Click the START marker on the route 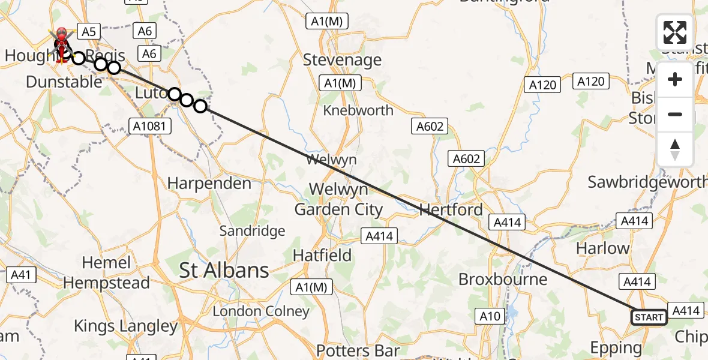click(649, 317)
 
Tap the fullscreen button click(675, 32)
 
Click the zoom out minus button click(675, 114)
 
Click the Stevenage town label click(342, 60)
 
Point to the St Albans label click(224, 271)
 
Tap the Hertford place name click(451, 210)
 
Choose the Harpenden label click(209, 183)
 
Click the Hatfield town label click(322, 256)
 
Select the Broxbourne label click(503, 279)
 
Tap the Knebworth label click(358, 110)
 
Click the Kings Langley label click(126, 326)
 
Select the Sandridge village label click(252, 231)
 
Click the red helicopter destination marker click(61, 42)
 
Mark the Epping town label click(616, 347)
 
